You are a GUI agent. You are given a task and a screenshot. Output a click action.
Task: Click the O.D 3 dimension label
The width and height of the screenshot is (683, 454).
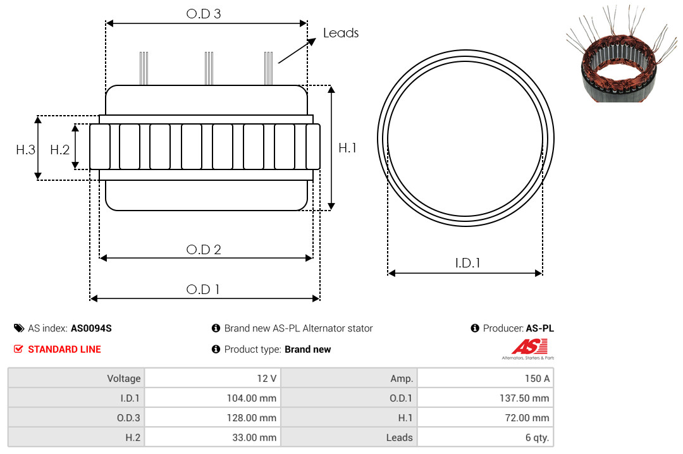coord(204,14)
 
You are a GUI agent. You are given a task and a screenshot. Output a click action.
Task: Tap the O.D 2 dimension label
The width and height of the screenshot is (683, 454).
coord(204,250)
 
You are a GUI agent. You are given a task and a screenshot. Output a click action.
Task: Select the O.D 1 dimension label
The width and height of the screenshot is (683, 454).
coord(202,290)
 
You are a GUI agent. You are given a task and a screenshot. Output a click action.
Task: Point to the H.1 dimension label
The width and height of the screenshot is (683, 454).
coord(348,148)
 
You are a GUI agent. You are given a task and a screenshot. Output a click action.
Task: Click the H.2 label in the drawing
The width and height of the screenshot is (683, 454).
coord(59,150)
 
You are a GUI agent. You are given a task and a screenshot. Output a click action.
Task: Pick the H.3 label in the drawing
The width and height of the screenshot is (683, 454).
coord(26,150)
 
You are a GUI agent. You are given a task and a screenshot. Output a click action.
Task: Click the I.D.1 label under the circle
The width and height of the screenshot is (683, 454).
coord(467,263)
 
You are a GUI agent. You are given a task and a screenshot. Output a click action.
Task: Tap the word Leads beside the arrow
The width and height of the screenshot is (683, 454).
coord(341,33)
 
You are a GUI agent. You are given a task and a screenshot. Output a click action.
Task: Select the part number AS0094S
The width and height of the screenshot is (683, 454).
coord(91,329)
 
